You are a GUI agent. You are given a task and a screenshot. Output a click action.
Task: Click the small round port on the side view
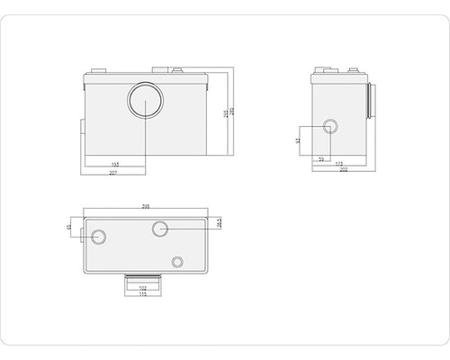[x=330, y=126]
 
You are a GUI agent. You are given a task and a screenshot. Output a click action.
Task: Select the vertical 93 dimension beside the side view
[x=299, y=140]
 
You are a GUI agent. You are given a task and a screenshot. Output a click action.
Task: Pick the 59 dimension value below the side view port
[x=322, y=159]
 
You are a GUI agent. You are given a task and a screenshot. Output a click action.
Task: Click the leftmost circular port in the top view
[x=98, y=238]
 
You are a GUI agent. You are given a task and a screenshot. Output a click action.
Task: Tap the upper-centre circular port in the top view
[x=160, y=229]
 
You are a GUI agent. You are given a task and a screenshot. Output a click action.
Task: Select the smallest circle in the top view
[x=178, y=262]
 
